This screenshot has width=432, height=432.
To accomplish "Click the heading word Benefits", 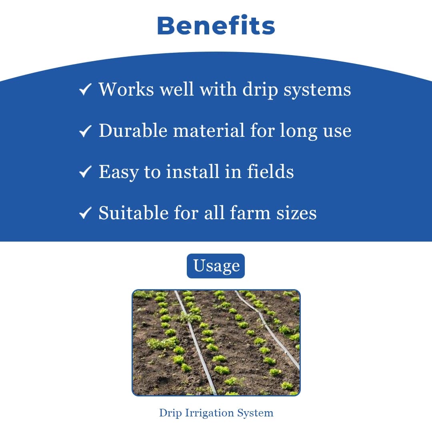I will click(216, 26).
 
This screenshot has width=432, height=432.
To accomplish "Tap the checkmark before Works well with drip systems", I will click(85, 90).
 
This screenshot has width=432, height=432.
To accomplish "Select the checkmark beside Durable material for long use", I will click(85, 131).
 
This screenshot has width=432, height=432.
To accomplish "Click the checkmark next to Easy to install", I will click(85, 172).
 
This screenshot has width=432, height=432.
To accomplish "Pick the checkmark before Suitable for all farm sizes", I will click(85, 214).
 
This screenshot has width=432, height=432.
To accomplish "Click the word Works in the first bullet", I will click(126, 89).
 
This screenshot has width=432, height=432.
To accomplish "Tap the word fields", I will click(270, 172).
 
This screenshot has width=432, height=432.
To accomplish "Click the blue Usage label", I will click(216, 266).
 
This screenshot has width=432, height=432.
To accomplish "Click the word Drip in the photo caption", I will click(170, 413).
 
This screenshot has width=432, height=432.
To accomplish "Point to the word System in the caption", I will click(255, 413).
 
